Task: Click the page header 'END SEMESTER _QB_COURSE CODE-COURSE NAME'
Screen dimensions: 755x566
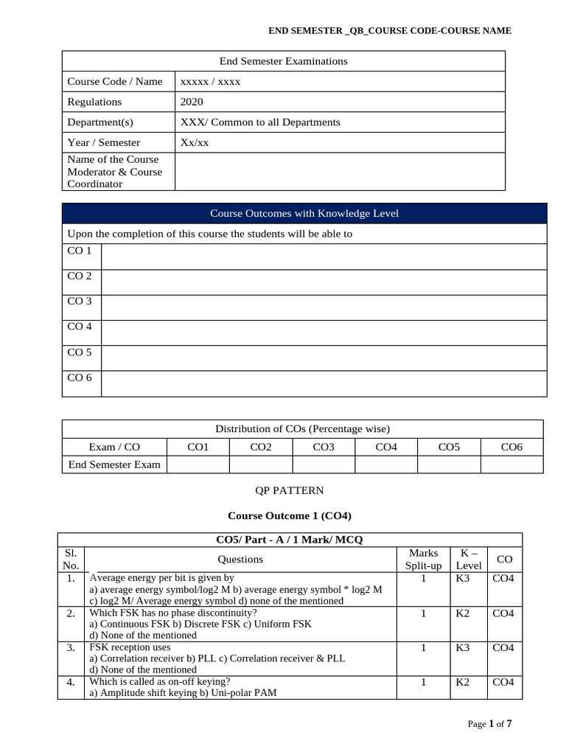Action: point(389,30)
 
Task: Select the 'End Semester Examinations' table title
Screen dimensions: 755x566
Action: point(284,61)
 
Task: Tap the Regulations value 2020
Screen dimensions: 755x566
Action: point(192,102)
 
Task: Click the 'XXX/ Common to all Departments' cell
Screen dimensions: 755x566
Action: point(260,122)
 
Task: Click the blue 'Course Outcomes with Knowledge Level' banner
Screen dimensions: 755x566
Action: point(304,213)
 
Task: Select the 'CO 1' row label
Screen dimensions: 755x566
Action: point(80,251)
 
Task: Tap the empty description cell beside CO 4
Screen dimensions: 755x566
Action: point(324,333)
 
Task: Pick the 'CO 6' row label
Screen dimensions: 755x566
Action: point(80,377)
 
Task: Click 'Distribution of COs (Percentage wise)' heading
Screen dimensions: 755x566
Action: point(302,428)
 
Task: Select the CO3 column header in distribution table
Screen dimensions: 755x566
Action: point(324,447)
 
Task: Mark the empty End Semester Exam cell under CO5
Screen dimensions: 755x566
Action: point(449,465)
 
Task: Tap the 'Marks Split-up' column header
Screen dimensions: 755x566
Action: point(423,559)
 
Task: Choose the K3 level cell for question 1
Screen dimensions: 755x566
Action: point(463,579)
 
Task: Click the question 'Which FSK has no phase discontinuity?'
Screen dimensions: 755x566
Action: point(173,613)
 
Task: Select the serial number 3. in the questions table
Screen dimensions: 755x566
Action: point(71,648)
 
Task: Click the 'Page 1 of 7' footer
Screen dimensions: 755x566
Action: point(489,724)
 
